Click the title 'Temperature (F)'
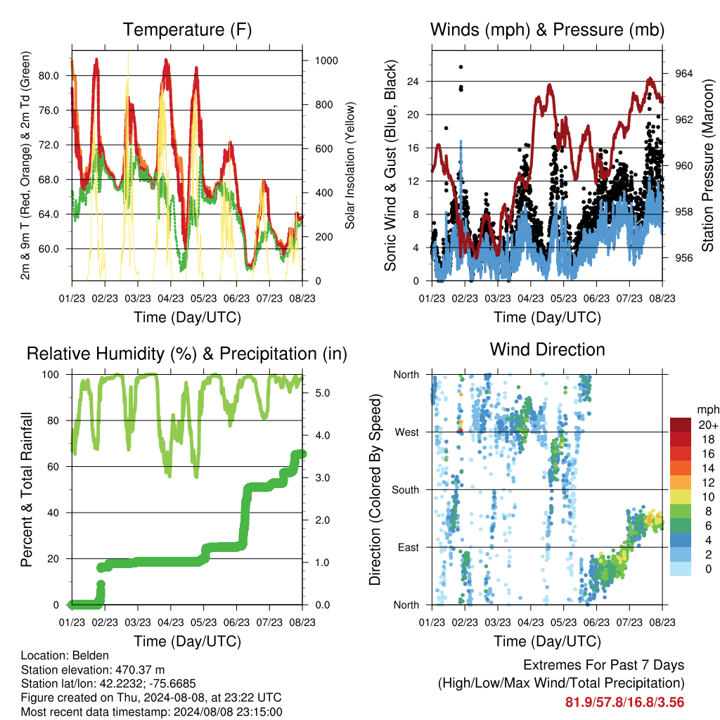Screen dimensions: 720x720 (x=187, y=30)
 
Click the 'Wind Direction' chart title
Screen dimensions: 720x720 (x=547, y=349)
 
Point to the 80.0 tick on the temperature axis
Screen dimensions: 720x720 (x=49, y=76)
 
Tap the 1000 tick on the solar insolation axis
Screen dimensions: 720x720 (x=326, y=60)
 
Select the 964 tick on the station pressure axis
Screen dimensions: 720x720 (x=683, y=73)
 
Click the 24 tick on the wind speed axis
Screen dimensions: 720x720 (x=413, y=82)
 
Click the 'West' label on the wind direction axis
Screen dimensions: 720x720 (x=407, y=432)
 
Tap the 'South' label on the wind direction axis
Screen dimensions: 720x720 (x=406, y=490)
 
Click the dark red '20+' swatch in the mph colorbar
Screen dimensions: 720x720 (x=681, y=425)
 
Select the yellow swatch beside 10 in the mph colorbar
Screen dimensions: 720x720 (x=681, y=497)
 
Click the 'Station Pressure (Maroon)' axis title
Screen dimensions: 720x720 (x=707, y=165)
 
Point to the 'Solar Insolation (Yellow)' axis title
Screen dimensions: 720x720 (x=350, y=165)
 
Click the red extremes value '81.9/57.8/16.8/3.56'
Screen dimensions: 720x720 (x=624, y=702)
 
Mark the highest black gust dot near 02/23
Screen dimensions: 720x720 (x=461, y=67)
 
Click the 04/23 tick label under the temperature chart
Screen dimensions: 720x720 (x=171, y=298)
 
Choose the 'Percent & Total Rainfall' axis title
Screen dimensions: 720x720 (x=27, y=489)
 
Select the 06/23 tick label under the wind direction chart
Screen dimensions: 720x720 (x=596, y=622)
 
